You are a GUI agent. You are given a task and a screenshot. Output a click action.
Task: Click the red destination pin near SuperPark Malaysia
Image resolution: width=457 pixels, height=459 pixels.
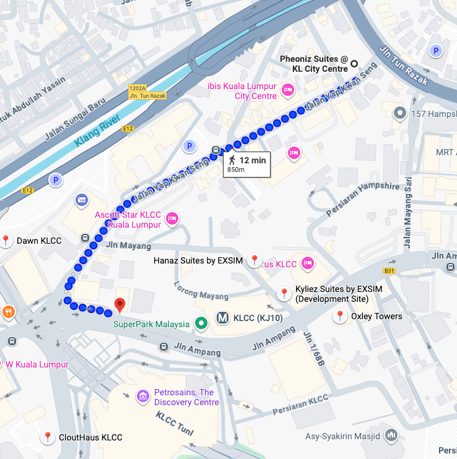pos(120,304)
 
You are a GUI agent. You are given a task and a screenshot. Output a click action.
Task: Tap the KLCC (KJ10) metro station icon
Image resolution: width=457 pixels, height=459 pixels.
pos(223,319)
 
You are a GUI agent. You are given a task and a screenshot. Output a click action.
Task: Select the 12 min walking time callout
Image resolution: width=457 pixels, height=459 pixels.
pos(246,164)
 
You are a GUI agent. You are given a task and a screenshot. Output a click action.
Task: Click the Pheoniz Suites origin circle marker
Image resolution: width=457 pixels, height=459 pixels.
pos(355,63)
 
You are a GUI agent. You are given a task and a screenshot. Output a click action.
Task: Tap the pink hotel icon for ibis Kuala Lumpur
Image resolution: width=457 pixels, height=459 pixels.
pos(287,91)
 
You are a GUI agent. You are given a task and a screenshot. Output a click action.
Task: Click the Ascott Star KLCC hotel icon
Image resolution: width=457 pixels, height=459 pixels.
pos(172,218)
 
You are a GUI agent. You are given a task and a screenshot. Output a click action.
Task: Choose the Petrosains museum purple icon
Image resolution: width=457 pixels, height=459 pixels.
pos(142,396)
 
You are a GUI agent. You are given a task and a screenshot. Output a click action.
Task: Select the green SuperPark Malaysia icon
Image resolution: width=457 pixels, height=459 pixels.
pos(201,322)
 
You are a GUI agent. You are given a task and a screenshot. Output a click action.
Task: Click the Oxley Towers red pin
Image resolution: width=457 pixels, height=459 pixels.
pos(339,316)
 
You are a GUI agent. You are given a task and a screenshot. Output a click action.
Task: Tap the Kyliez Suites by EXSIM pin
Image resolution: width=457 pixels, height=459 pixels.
pos(284,293)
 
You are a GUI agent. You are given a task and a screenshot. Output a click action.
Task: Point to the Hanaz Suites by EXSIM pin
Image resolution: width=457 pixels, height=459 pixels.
pos(254,260)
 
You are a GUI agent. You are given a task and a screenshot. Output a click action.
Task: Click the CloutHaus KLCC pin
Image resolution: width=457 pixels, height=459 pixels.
pos(47,437)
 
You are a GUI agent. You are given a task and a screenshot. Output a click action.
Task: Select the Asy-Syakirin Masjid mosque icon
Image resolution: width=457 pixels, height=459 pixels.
pos(391,435)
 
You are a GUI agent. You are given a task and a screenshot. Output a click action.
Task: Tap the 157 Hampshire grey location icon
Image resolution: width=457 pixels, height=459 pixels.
pos(400,113)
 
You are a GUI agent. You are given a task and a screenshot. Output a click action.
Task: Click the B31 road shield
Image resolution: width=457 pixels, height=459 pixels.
pos(389,270)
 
